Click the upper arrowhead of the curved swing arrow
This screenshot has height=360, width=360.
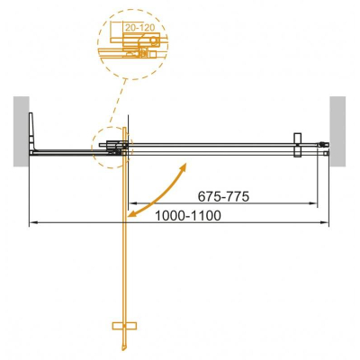pyautogui.click(x=184, y=166)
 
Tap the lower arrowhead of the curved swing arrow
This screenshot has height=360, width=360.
pyautogui.click(x=131, y=216)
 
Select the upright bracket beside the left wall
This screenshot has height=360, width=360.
pyautogui.click(x=34, y=131)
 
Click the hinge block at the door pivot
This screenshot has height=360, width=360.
pyautogui.click(x=114, y=146)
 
